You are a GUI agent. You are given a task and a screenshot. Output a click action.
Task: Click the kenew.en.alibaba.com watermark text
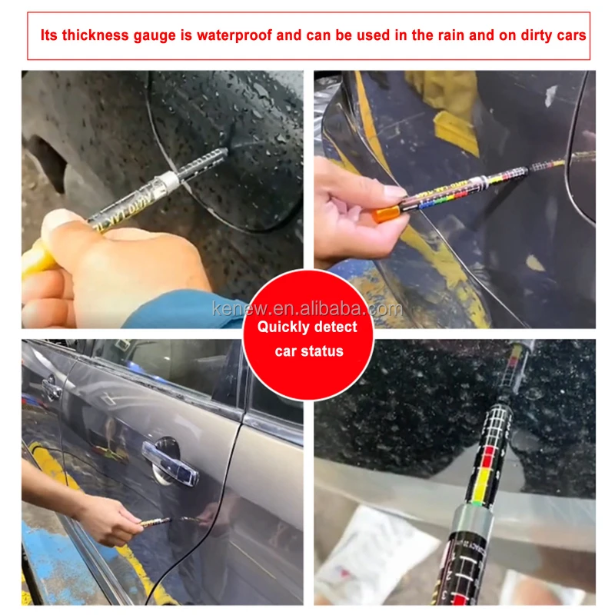point(307,309)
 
